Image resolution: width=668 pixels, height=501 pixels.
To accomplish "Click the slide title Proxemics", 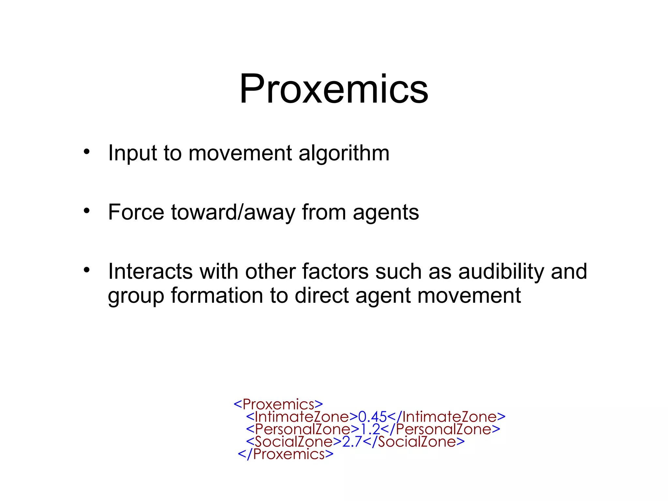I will [x=334, y=89].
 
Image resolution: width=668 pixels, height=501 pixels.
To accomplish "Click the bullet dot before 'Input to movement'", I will [x=86, y=151].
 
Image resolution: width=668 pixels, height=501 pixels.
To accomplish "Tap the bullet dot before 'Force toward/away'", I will [x=86, y=210].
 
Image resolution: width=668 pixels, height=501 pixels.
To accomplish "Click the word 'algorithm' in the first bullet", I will [x=344, y=153].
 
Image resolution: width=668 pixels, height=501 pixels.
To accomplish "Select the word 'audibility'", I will [x=501, y=271].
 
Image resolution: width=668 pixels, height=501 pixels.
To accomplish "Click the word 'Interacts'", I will [x=150, y=271].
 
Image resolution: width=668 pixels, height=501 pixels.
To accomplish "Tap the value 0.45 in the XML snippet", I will [x=372, y=417].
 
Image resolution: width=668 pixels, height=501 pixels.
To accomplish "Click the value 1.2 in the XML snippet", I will [x=370, y=429].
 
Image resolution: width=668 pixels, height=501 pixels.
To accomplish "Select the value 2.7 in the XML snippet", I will [x=352, y=442].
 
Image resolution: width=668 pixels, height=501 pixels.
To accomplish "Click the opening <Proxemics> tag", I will [x=278, y=404].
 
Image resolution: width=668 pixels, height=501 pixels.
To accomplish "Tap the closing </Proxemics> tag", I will [x=286, y=454].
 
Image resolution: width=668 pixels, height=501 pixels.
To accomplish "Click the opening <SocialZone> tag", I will [x=294, y=442].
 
